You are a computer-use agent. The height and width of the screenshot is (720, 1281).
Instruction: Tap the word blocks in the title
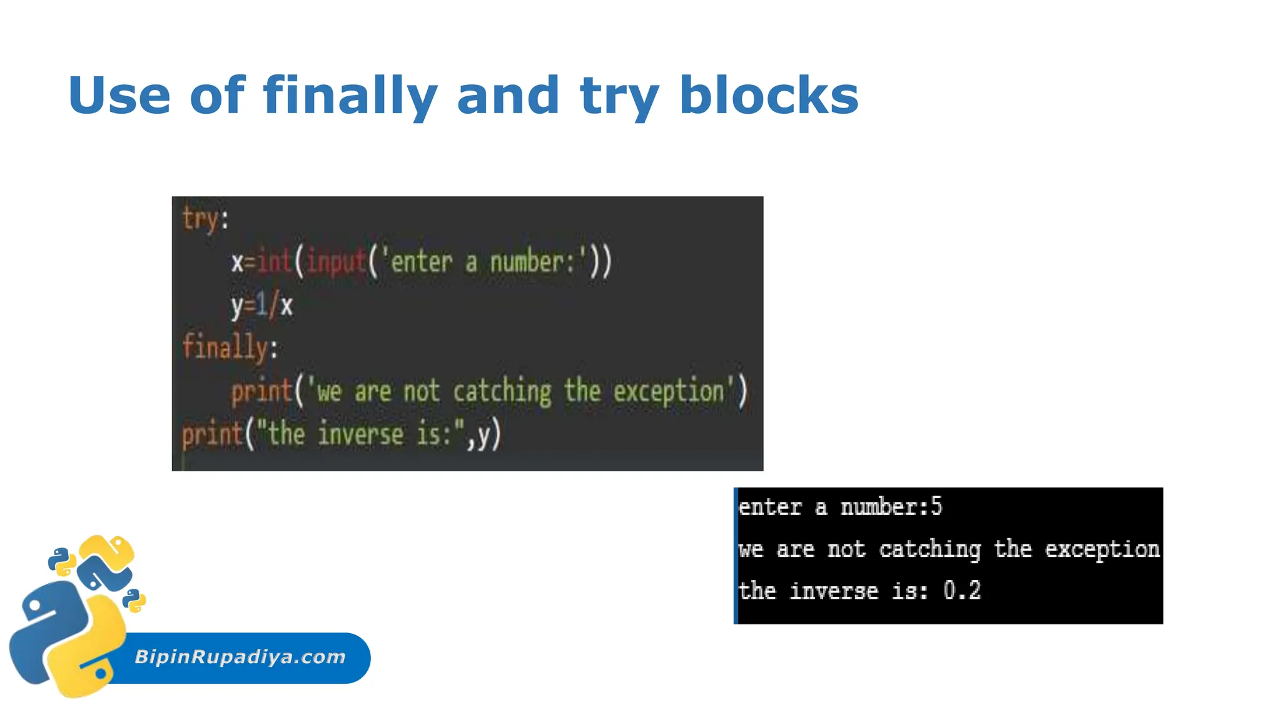pos(769,96)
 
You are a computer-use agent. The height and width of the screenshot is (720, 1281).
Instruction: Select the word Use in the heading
pos(119,96)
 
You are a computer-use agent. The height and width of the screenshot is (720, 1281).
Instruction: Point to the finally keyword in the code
pos(226,347)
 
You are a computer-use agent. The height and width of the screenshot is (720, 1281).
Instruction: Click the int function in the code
pos(275,261)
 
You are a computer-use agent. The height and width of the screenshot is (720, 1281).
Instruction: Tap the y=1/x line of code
pos(261,306)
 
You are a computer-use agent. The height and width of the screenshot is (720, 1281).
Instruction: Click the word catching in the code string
pos(502,392)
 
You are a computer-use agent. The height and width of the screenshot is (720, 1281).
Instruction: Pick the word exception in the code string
pos(668,392)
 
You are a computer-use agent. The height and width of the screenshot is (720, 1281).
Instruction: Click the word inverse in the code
pos(360,434)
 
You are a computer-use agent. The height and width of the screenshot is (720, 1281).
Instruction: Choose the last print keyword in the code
pos(212,434)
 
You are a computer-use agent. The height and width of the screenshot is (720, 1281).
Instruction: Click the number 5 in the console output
pos(936,506)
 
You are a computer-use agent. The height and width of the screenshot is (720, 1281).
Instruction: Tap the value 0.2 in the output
pos(962,591)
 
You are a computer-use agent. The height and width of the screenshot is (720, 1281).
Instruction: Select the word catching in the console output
pos(929,549)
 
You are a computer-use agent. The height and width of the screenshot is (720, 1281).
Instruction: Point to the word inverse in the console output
pos(834,591)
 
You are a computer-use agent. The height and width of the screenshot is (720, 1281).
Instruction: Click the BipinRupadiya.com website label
pos(240,657)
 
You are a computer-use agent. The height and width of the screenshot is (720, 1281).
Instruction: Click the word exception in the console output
pos(1102,549)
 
